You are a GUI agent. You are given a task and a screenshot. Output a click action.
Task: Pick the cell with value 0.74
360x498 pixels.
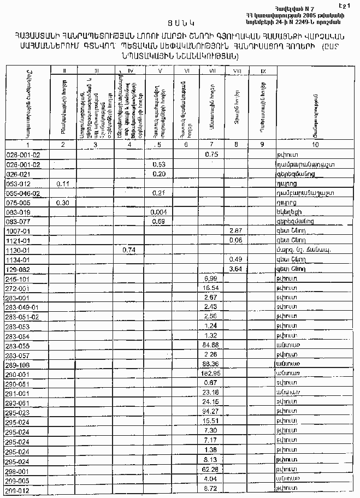(x=129, y=250)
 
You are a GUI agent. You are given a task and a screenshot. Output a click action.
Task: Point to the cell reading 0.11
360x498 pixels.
(x=64, y=183)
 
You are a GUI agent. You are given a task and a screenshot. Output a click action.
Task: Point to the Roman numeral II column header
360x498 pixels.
(x=64, y=70)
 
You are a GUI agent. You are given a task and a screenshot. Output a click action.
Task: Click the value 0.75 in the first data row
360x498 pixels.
(x=212, y=155)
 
